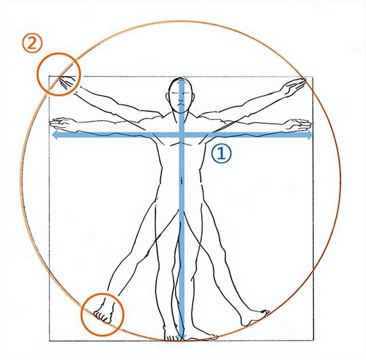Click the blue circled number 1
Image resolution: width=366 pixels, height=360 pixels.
pyautogui.click(x=221, y=153)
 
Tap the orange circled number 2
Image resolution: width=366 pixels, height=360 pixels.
pyautogui.click(x=32, y=43)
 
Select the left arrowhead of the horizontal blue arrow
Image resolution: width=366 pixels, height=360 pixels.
pyautogui.click(x=54, y=135)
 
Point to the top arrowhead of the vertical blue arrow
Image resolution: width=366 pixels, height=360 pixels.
pyautogui.click(x=182, y=82)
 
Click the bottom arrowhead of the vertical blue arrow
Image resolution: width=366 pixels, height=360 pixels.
pyautogui.click(x=182, y=337)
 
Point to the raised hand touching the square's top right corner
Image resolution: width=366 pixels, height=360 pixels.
pyautogui.click(x=294, y=86)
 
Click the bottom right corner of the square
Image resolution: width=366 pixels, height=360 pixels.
pyautogui.click(x=313, y=341)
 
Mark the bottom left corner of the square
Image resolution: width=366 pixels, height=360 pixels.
pyautogui.click(x=50, y=341)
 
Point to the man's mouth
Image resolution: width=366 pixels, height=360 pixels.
pyautogui.click(x=181, y=105)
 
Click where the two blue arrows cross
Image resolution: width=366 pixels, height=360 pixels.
pyautogui.click(x=182, y=135)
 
